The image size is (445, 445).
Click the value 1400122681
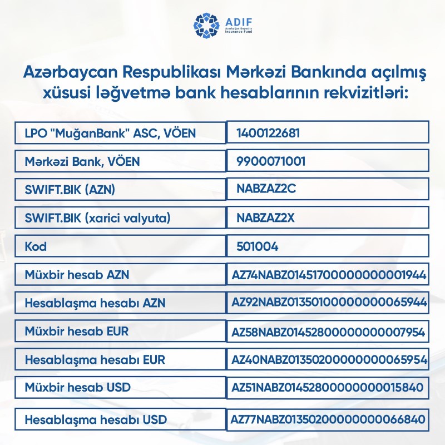(269, 133)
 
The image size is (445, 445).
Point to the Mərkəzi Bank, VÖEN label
(82, 161)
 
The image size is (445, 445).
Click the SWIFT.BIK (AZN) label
(70, 190)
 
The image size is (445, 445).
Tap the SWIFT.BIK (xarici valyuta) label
(97, 218)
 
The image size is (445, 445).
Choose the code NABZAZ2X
(265, 218)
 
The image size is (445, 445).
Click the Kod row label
(35, 246)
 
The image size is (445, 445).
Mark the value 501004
(257, 246)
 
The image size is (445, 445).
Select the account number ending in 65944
(329, 303)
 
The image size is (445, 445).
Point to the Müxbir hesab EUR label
(77, 332)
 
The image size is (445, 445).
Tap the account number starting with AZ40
(329, 360)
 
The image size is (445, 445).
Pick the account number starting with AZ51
(327, 387)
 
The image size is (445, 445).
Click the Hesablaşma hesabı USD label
(96, 419)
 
